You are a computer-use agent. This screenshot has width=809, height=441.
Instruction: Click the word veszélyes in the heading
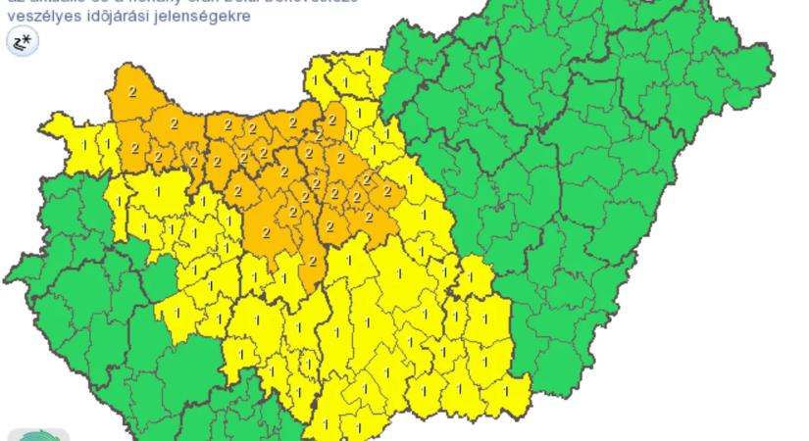34,16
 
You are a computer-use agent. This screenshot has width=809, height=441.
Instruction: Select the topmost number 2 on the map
132,91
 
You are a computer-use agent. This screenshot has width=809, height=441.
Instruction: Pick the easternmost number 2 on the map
388,191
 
